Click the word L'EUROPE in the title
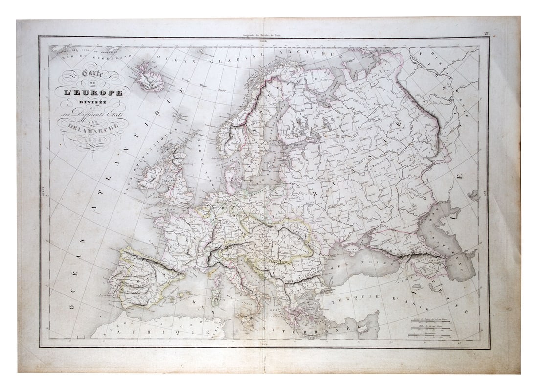point(89,91)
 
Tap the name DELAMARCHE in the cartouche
point(89,129)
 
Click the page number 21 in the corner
point(487,33)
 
